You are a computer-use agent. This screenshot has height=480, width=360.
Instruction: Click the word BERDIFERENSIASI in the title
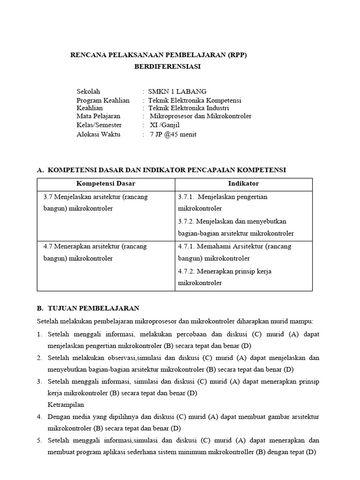pyautogui.click(x=167, y=67)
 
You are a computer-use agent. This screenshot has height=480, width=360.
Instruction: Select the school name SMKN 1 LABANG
pyautogui.click(x=177, y=91)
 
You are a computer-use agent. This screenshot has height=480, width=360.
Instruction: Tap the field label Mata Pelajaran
pyautogui.click(x=98, y=116)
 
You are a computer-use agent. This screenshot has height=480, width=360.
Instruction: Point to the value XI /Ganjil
pyautogui.click(x=165, y=125)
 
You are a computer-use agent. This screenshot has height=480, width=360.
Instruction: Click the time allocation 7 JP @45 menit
pyautogui.click(x=173, y=134)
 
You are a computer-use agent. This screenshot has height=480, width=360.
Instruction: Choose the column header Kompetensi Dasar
pyautogui.click(x=105, y=184)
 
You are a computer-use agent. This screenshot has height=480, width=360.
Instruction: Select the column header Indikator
pyautogui.click(x=244, y=184)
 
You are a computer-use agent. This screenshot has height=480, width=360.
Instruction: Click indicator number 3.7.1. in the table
pyautogui.click(x=187, y=197)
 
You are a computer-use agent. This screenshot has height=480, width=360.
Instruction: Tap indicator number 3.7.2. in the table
pyautogui.click(x=187, y=221)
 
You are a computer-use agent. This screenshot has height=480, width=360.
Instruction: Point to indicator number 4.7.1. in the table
pyautogui.click(x=187, y=246)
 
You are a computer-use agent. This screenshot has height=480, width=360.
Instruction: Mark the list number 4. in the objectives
pyautogui.click(x=39, y=416)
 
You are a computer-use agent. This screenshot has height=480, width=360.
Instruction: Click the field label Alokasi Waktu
pyautogui.click(x=98, y=134)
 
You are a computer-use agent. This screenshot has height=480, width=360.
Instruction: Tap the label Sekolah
pyautogui.click(x=88, y=91)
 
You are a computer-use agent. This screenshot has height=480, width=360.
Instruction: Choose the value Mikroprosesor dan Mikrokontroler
pyautogui.click(x=201, y=116)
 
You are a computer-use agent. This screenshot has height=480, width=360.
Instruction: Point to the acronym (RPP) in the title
pyautogui.click(x=235, y=55)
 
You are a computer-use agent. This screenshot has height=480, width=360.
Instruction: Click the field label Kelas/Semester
pyautogui.click(x=99, y=125)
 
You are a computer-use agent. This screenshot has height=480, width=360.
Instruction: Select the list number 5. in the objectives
pyautogui.click(x=39, y=440)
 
